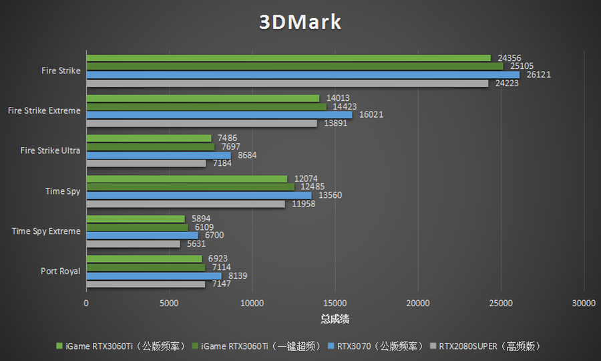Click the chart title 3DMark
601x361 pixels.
(x=300, y=22)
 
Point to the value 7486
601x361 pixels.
(x=227, y=138)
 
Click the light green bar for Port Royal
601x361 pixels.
(x=144, y=259)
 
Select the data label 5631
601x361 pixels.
(x=196, y=244)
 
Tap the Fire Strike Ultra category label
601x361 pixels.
(x=50, y=150)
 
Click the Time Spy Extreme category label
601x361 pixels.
(x=46, y=231)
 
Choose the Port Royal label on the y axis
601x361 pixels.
(x=60, y=271)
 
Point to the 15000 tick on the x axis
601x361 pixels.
(x=335, y=304)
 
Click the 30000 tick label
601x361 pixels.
(x=584, y=304)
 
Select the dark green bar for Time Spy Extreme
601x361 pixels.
(x=138, y=227)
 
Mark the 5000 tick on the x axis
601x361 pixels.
(x=170, y=304)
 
